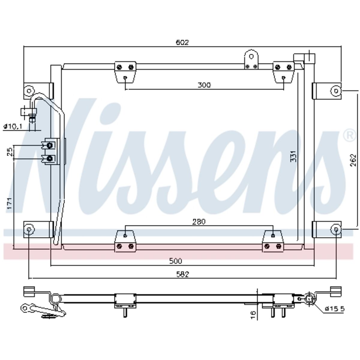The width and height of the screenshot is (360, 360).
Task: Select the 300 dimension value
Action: point(204,85)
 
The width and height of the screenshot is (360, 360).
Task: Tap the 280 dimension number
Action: point(199,222)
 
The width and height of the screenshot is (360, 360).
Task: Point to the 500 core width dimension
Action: point(175,261)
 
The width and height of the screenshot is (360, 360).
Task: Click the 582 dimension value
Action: point(182,274)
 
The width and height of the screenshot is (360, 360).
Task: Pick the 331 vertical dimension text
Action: point(293,156)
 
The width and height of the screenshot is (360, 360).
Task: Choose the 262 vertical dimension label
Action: point(353,160)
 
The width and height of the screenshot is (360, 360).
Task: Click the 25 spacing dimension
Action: point(10,152)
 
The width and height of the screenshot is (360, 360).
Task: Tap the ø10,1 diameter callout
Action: point(13,127)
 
